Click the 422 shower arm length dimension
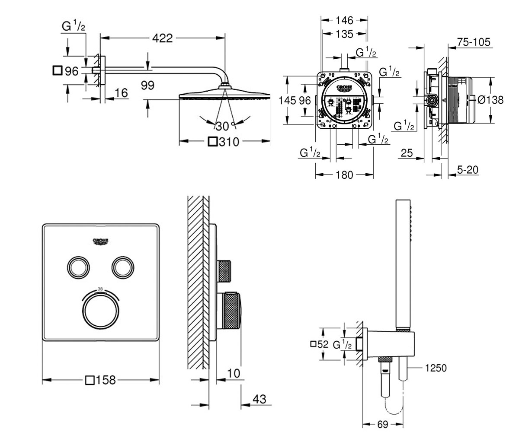click(x=162, y=38)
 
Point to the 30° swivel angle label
click(x=224, y=126)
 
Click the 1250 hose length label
click(x=436, y=368)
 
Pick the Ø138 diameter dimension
click(x=490, y=100)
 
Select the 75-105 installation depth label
click(x=474, y=42)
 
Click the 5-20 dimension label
click(x=468, y=170)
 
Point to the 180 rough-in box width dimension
click(x=344, y=175)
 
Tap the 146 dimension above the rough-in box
click(x=344, y=20)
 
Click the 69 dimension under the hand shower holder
click(x=383, y=424)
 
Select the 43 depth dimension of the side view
click(x=259, y=399)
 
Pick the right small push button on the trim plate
click(x=122, y=267)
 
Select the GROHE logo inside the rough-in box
click(x=345, y=89)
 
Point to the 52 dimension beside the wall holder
click(x=320, y=344)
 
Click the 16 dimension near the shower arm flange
click(x=122, y=93)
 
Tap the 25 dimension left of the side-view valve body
click(x=407, y=152)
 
